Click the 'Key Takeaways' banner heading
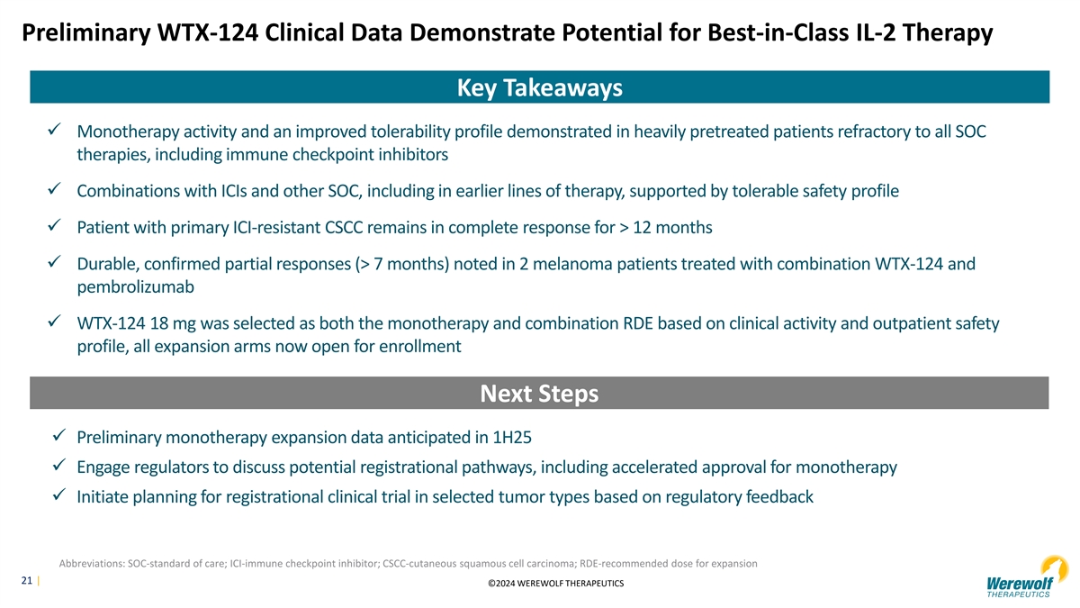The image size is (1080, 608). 539,88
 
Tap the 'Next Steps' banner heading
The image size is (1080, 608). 539,394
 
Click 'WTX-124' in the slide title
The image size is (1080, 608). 208,32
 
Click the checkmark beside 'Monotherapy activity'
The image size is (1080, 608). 54,130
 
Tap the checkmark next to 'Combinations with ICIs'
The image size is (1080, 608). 54,188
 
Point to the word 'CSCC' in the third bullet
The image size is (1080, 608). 344,227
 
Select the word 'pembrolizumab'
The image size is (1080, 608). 136,287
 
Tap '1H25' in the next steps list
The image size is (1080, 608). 512,437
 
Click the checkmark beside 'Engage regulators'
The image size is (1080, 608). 58,465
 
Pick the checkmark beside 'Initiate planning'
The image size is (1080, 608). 58,495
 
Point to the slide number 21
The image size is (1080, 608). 26,580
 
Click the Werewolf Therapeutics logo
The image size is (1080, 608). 1027,577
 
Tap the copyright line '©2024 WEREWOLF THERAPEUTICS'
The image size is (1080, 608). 556,584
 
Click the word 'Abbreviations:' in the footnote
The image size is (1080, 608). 92,564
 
